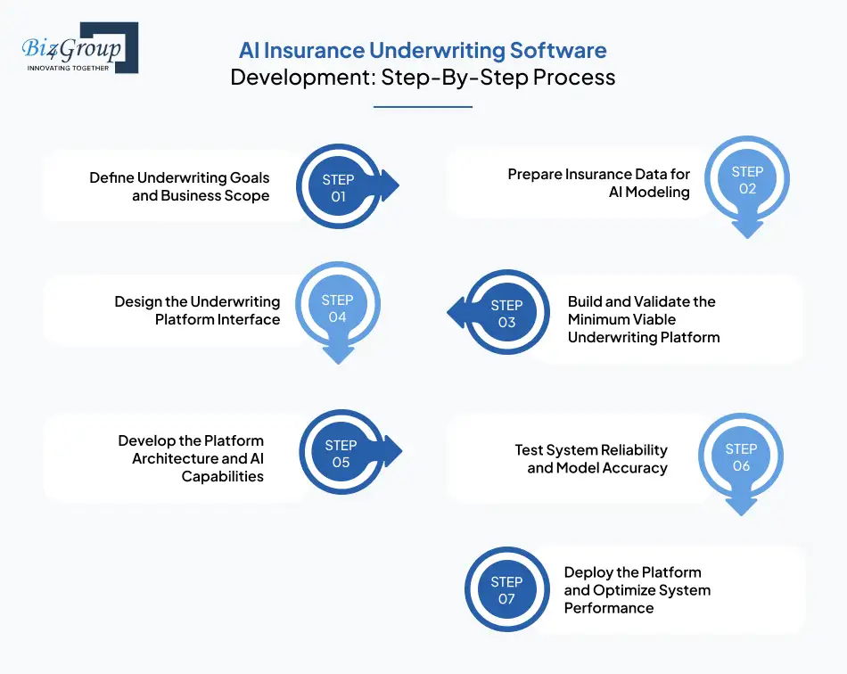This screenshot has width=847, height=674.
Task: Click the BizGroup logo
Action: (x=79, y=47)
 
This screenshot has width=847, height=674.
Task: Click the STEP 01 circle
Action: (x=338, y=187)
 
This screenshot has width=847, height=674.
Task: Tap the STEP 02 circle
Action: (x=747, y=180)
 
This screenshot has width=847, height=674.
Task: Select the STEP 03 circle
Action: (x=506, y=313)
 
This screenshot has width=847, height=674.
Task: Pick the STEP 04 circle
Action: (x=337, y=308)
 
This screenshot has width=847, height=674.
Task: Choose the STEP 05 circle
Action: (x=341, y=453)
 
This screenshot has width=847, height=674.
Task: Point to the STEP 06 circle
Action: (x=741, y=456)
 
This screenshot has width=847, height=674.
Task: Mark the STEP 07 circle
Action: (x=506, y=589)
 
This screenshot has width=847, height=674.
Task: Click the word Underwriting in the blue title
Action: (x=437, y=50)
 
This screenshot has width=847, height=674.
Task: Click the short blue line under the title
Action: (x=423, y=107)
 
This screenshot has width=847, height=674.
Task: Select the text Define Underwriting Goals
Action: (x=179, y=178)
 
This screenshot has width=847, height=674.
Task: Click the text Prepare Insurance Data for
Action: (x=598, y=174)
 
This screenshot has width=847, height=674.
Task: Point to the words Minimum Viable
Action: (x=621, y=319)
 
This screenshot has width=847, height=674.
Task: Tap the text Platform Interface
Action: (x=218, y=319)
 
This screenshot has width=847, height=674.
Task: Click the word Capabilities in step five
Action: (x=223, y=476)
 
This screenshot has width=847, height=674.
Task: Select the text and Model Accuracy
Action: (x=596, y=467)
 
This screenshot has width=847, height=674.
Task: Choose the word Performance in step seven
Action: (x=609, y=608)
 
